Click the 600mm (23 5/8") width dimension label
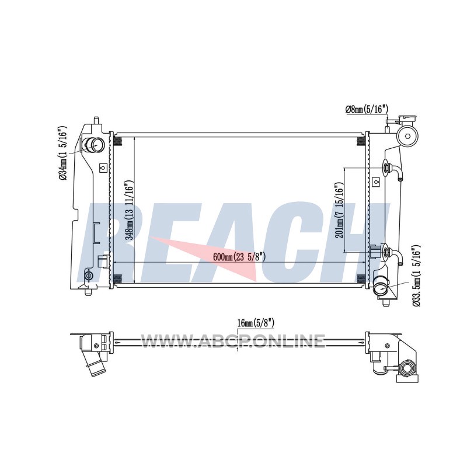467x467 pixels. tap(239, 257)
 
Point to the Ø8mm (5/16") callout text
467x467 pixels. tap(367, 109)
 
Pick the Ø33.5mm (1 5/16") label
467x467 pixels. tap(416, 276)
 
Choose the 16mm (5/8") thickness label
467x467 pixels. tap(256, 323)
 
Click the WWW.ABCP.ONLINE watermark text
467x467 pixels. tap(232, 341)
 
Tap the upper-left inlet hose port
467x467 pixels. tap(94, 145)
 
